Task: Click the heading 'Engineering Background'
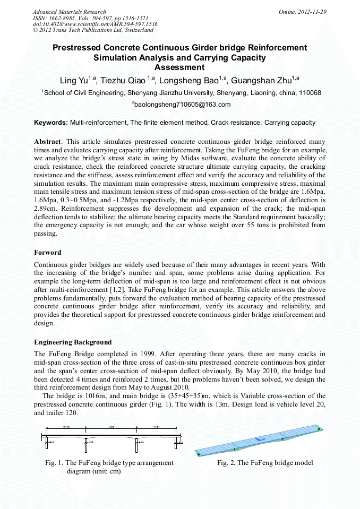click(73, 341)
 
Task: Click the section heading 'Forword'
click(48, 252)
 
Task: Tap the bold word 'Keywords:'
click(51, 123)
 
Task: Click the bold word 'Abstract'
click(48, 142)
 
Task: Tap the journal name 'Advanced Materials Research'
click(69, 12)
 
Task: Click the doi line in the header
click(95, 24)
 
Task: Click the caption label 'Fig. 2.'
click(226, 463)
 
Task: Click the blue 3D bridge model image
click(259, 440)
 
